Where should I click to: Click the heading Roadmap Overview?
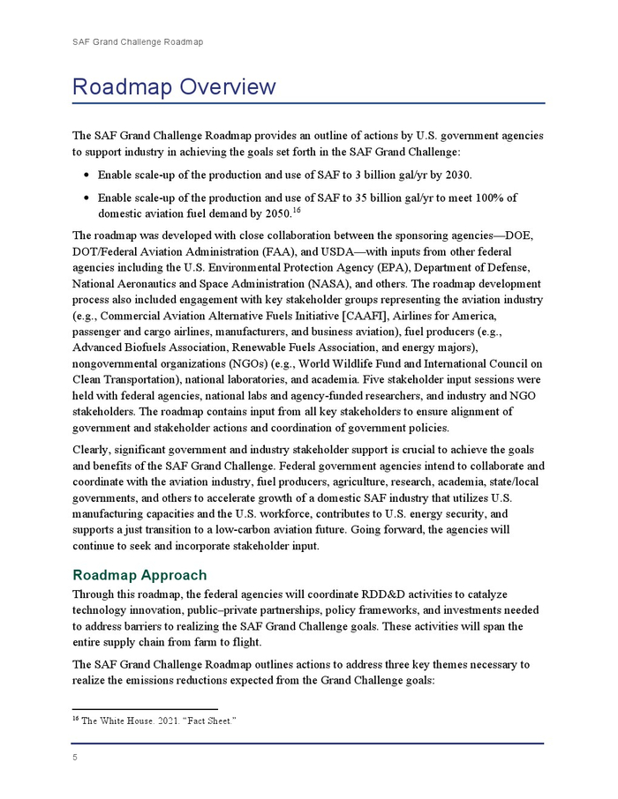tap(174, 87)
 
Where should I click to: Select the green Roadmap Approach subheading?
tap(139, 576)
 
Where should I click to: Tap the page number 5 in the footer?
tap(75, 756)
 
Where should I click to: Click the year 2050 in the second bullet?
tap(270, 213)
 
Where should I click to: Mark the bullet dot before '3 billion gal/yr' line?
tap(86, 175)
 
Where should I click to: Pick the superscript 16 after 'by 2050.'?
tap(297, 210)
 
